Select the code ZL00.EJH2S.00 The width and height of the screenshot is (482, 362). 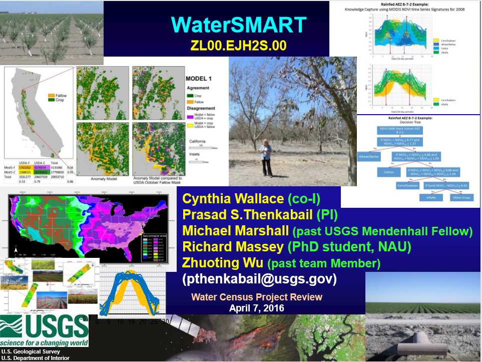(238, 46)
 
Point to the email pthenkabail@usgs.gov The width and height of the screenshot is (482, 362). (259, 278)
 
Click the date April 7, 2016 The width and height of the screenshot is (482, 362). (256, 308)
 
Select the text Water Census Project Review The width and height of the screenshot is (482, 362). (257, 297)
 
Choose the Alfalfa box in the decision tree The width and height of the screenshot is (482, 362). (430, 198)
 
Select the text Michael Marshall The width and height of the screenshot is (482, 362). (235, 231)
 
